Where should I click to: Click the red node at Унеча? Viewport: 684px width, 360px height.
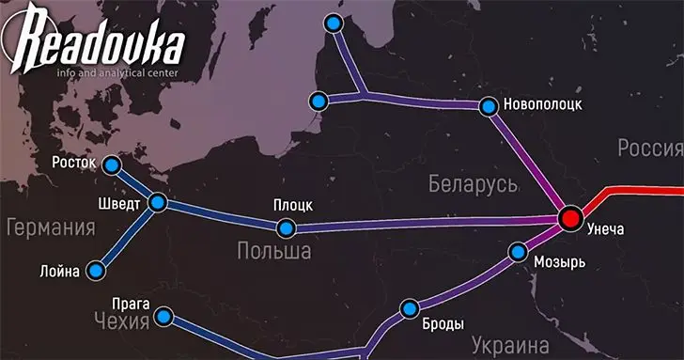tap(569, 219)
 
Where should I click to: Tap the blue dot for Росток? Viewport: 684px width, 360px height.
tap(112, 165)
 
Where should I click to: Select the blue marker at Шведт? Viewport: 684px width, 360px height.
tap(158, 202)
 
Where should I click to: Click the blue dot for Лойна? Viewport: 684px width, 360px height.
tap(94, 271)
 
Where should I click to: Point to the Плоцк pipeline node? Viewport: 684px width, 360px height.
tap(286, 227)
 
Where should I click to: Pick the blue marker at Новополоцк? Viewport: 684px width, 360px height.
tap(487, 106)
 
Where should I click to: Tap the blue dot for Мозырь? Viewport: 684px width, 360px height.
tap(517, 252)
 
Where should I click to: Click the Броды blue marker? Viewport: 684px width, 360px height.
tap(409, 308)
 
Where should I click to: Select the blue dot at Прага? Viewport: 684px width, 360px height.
tap(164, 317)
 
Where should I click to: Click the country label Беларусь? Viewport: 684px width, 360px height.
tap(474, 183)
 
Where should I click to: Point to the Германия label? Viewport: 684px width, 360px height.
tap(51, 228)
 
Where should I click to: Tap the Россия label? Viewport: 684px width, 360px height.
tap(649, 149)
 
